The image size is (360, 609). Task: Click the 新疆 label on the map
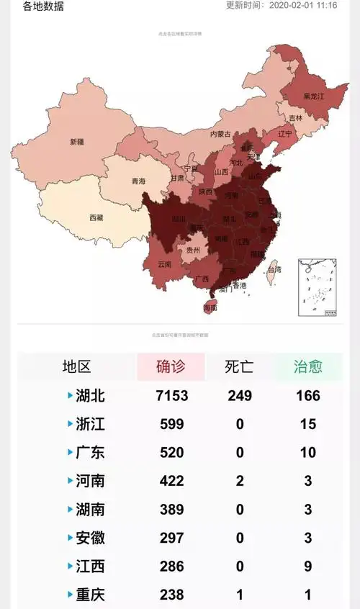click(77, 141)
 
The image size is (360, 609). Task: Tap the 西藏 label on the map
click(96, 217)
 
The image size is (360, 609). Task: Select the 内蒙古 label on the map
click(220, 134)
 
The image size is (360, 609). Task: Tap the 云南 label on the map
click(164, 264)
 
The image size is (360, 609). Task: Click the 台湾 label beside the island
click(274, 269)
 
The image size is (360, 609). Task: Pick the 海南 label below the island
click(210, 307)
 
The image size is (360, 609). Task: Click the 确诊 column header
click(171, 366)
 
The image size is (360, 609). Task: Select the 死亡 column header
click(239, 366)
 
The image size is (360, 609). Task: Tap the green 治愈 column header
click(307, 366)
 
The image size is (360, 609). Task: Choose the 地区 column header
click(76, 366)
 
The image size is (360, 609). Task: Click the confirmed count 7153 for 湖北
click(171, 396)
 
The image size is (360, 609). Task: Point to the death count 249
click(239, 396)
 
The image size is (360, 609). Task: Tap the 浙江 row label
click(90, 424)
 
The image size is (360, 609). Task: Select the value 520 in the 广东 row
click(171, 453)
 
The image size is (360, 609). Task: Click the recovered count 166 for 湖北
click(307, 396)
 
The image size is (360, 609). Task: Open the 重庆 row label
click(90, 595)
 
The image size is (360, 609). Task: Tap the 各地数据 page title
click(42, 6)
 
